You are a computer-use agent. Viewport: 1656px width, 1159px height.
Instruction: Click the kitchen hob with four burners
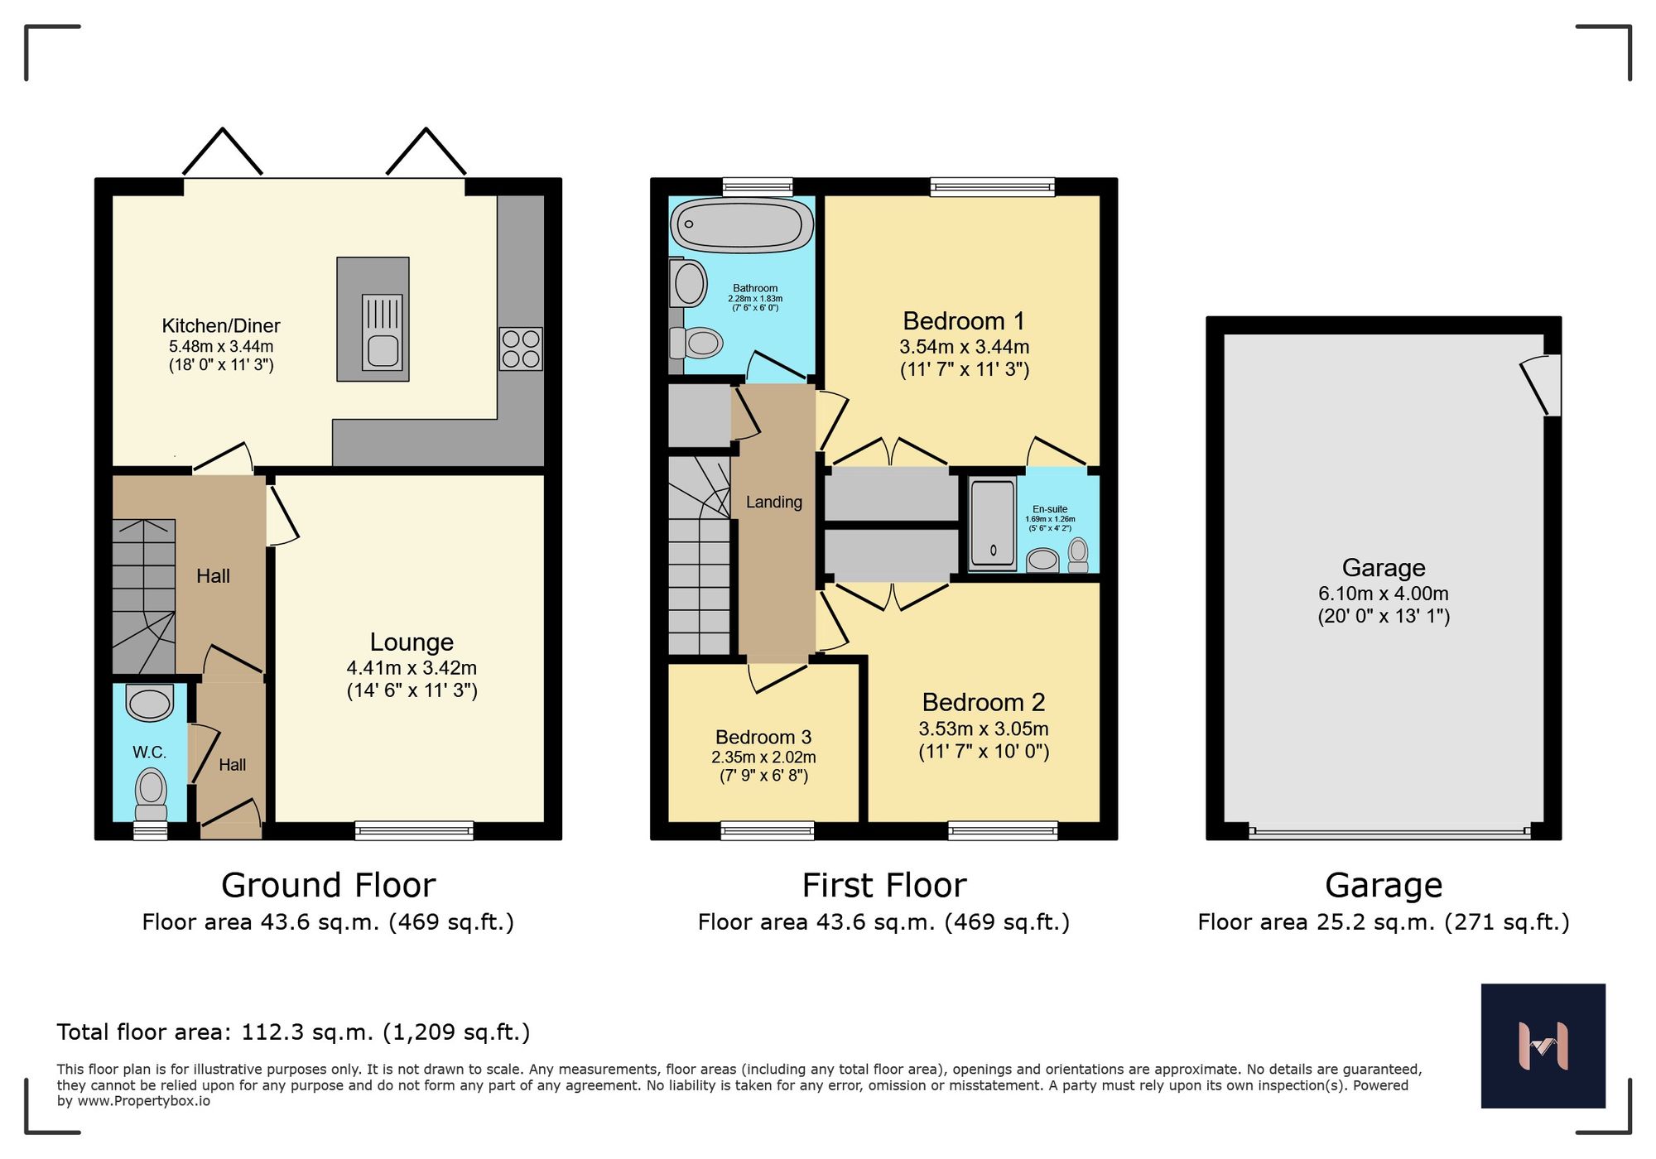point(521,349)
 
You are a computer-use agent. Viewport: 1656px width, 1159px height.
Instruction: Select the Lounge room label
point(412,642)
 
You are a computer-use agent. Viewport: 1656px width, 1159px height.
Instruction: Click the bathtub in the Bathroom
point(742,224)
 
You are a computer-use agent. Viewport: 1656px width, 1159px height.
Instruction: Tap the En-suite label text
point(1050,509)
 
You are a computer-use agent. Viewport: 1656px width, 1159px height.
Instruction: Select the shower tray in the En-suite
point(992,523)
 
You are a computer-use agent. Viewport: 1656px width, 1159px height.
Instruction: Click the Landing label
point(773,502)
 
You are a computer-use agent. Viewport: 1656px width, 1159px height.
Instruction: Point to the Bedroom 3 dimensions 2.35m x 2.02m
point(763,757)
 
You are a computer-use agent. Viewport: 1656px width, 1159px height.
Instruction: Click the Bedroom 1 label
point(964,320)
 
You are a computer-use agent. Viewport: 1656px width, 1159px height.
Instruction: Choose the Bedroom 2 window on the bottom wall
point(1003,830)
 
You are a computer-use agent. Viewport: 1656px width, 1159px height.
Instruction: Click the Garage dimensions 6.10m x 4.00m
point(1384,594)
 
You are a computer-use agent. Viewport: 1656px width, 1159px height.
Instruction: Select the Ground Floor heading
point(328,885)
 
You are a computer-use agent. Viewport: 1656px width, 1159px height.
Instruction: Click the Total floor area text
point(293,1032)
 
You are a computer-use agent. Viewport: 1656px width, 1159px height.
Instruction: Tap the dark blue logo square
point(1543,1046)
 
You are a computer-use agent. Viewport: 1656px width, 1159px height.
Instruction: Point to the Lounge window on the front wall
point(414,830)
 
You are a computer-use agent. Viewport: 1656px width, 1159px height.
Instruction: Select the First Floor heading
point(883,885)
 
